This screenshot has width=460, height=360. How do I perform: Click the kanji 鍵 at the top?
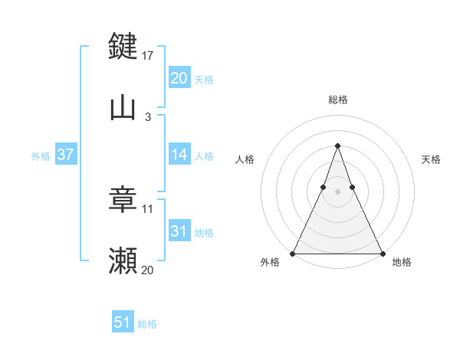click(123, 47)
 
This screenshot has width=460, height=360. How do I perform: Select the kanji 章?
click(123, 201)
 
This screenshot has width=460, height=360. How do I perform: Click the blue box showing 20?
click(179, 78)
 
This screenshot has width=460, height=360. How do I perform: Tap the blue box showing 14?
click(179, 155)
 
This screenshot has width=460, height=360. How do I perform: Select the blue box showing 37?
click(65, 155)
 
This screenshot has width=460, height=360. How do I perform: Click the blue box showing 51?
click(123, 323)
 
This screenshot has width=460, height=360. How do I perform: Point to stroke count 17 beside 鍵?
click(149, 55)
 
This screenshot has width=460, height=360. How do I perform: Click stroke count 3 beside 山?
click(147, 117)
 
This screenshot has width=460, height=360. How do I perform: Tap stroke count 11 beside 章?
click(148, 208)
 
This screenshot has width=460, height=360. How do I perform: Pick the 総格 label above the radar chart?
click(337, 100)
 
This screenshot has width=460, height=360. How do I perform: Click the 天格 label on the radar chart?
click(431, 159)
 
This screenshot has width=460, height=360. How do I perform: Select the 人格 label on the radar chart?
click(245, 159)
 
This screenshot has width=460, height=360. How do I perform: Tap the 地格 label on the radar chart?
click(402, 263)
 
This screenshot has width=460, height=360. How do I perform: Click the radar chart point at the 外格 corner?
click(293, 254)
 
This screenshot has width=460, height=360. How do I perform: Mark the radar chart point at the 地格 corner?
click(382, 254)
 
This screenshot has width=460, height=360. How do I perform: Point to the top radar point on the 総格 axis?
click(337, 146)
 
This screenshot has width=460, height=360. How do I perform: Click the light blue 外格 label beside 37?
click(41, 156)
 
